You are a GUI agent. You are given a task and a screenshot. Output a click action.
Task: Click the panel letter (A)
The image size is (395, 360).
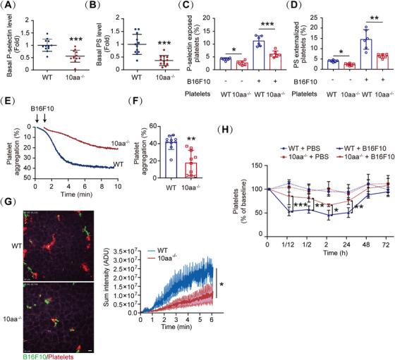point(11,6)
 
